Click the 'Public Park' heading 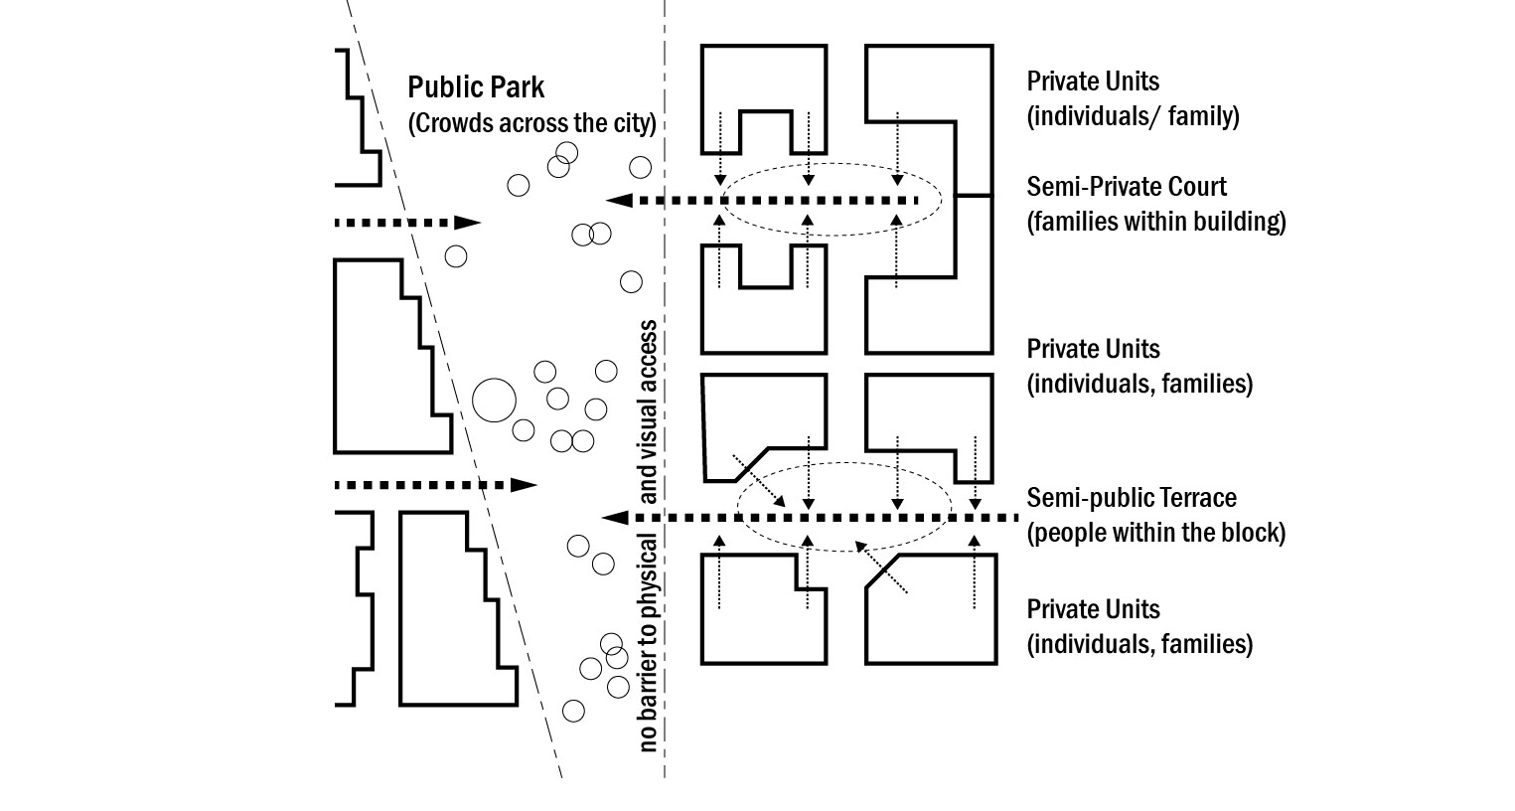click(476, 87)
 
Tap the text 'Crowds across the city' click(532, 123)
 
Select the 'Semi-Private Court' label click(1127, 187)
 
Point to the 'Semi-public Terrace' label click(1132, 498)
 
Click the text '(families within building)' click(1155, 221)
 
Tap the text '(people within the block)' click(1155, 533)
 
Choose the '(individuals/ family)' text click(1133, 116)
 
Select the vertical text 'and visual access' click(649, 411)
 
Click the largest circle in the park click(494, 402)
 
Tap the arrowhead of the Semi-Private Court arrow click(620, 201)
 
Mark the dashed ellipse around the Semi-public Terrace click(844, 549)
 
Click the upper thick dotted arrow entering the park click(407, 223)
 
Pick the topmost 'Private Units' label click(1093, 81)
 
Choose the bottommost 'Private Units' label click(1093, 609)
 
